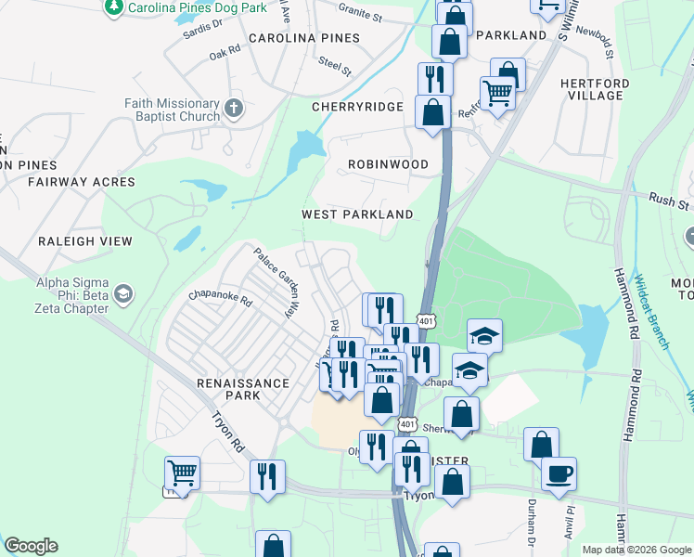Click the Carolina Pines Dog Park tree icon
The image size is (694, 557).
[x=113, y=7]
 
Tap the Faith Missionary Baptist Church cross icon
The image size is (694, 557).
[x=233, y=108]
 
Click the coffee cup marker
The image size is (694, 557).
[x=559, y=474]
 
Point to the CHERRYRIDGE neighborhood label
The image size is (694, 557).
[x=357, y=107]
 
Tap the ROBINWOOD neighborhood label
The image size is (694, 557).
[x=388, y=164]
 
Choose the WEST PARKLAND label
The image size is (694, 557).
[x=357, y=214]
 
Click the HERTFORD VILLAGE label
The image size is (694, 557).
[x=595, y=89]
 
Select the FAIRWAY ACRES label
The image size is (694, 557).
[x=82, y=182]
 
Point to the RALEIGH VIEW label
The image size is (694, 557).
[x=85, y=241]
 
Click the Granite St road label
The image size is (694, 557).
[x=360, y=17]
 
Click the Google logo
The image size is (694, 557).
[x=31, y=546]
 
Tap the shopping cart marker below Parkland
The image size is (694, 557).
[x=497, y=93]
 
